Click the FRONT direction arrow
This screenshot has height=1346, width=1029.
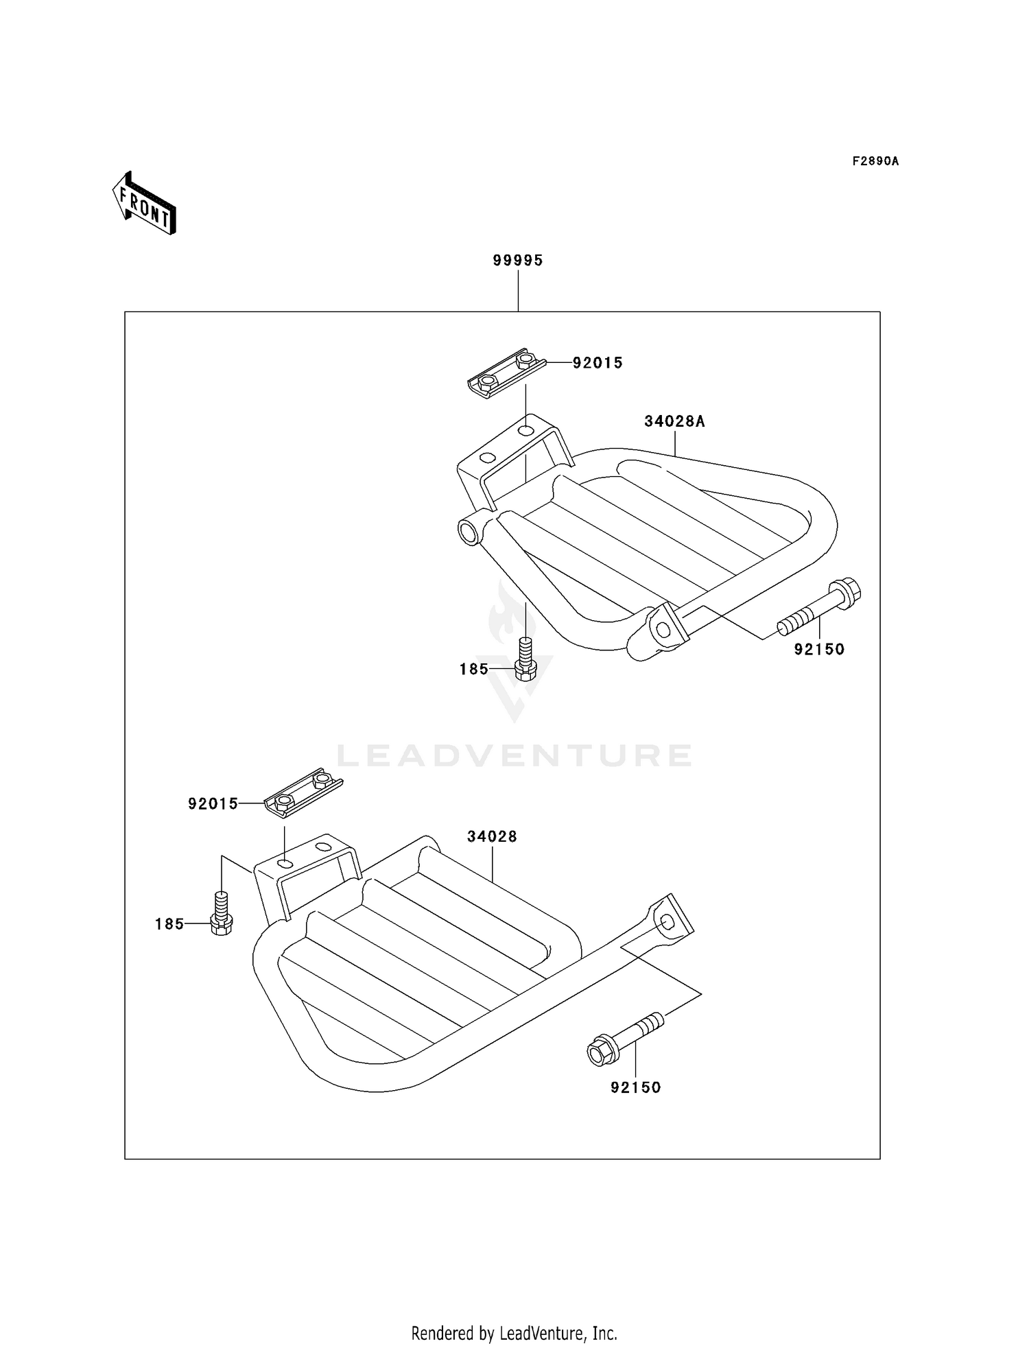coord(145,204)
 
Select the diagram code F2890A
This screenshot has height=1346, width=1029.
coord(875,161)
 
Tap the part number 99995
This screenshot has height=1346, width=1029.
coord(518,261)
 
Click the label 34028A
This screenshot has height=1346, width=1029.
coord(674,421)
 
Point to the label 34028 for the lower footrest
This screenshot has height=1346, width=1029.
coord(492,836)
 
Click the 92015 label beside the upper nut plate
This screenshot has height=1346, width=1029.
coord(598,363)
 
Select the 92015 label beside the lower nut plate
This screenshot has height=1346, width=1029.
coord(213,803)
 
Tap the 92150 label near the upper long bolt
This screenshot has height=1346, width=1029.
coord(819,649)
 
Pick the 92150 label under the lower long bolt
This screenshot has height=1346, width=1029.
coord(635,1087)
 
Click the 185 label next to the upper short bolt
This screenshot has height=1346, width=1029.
coord(474,669)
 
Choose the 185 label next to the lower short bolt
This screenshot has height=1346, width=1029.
coord(169,924)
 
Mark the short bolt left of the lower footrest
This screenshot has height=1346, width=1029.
coord(221,913)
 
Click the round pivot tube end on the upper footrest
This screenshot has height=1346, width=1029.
coord(469,532)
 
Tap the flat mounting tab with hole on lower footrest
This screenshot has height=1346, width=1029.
coord(669,917)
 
